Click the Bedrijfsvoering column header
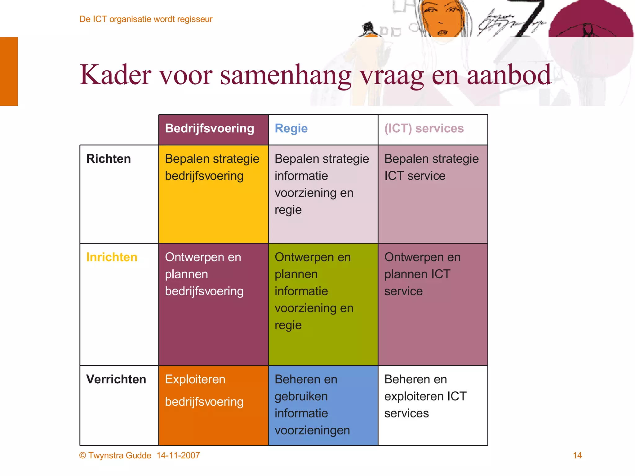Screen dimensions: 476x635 pos(210,129)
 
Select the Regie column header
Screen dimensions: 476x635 pos(291,129)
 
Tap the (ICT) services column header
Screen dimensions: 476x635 pos(424,129)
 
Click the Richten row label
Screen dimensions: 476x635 pos(109,159)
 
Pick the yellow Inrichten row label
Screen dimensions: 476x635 pos(112,257)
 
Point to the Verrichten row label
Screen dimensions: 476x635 pos(116,379)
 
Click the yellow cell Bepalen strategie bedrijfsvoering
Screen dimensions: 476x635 pos(213,194)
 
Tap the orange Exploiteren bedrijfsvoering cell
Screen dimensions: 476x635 pos(213,405)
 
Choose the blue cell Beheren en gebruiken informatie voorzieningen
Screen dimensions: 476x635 pos(323,405)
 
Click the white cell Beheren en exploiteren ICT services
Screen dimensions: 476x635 pos(433,405)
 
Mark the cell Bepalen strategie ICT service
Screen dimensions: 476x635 pos(433,194)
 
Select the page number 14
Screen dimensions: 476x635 pos(577,455)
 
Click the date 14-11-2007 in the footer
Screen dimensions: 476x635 pos(178,455)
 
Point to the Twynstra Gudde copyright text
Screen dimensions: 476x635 pos(115,455)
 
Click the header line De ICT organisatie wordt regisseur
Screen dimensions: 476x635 pos(146,19)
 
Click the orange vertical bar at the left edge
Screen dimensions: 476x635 pos(9,71)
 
